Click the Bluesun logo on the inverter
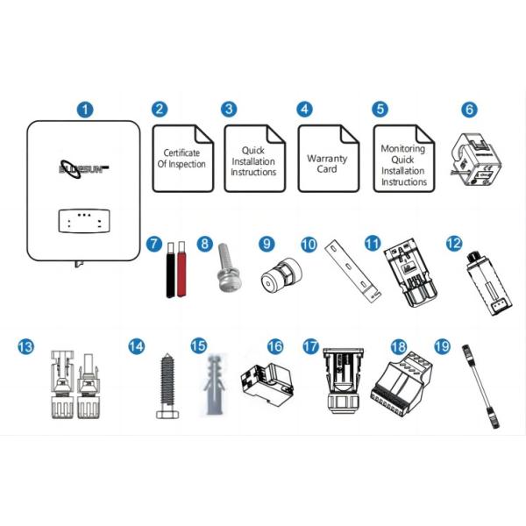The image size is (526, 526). point(84,169)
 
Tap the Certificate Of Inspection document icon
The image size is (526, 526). point(183,159)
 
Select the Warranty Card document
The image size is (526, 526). point(329,159)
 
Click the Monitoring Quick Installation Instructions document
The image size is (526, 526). point(404,159)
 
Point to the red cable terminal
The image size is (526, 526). point(181,269)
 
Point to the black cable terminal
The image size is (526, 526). point(171,270)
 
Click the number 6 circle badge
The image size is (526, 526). point(469,110)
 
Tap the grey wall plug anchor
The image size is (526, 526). point(214,385)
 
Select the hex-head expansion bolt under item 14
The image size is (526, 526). point(167,386)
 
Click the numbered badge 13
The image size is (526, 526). point(25,346)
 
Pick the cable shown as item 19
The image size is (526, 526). point(481,386)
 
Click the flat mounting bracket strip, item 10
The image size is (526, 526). point(352,271)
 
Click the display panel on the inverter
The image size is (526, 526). point(84,221)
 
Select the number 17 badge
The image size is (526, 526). point(310,346)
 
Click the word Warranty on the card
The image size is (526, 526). point(327,159)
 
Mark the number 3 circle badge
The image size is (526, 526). point(229,110)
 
